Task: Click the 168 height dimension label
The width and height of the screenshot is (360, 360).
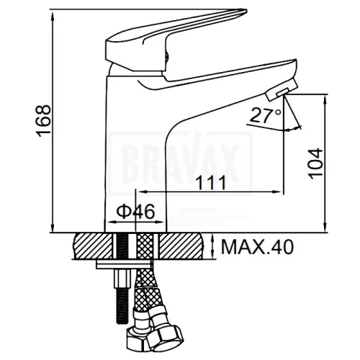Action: tap(44, 121)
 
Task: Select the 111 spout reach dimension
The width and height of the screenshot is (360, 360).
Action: tap(211, 182)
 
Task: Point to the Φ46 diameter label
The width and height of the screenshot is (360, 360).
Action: tap(135, 212)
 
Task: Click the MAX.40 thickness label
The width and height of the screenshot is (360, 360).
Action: tap(258, 247)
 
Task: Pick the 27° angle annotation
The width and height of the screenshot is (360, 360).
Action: tap(265, 115)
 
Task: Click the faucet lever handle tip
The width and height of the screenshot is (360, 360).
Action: tap(243, 12)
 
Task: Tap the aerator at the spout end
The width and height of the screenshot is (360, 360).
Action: tap(282, 91)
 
